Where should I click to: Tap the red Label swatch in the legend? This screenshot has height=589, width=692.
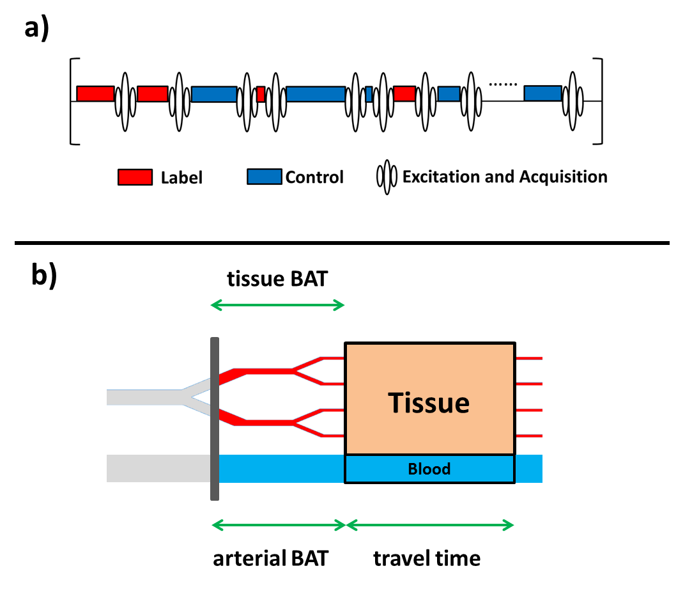pyautogui.click(x=135, y=177)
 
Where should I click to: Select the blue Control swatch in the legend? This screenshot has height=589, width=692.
pyautogui.click(x=265, y=177)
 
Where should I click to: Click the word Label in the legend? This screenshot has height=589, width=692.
pyautogui.click(x=181, y=177)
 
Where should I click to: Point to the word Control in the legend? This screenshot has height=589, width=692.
pyautogui.click(x=314, y=177)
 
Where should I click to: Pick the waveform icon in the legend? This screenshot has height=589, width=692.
pyautogui.click(x=387, y=177)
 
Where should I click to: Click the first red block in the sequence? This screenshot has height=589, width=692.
pyautogui.click(x=95, y=93)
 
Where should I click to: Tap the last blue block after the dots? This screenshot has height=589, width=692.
pyautogui.click(x=542, y=93)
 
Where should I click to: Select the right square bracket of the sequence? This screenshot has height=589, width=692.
pyautogui.click(x=599, y=101)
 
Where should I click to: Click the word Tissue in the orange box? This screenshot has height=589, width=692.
pyautogui.click(x=429, y=403)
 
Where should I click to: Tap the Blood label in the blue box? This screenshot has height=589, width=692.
pyautogui.click(x=429, y=469)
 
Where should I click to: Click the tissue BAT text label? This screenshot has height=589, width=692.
pyautogui.click(x=277, y=279)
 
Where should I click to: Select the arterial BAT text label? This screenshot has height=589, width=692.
pyautogui.click(x=270, y=558)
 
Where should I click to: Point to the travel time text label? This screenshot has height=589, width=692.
pyautogui.click(x=427, y=558)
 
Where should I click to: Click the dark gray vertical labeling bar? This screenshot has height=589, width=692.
pyautogui.click(x=214, y=419)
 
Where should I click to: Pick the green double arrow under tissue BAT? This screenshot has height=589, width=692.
pyautogui.click(x=277, y=306)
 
